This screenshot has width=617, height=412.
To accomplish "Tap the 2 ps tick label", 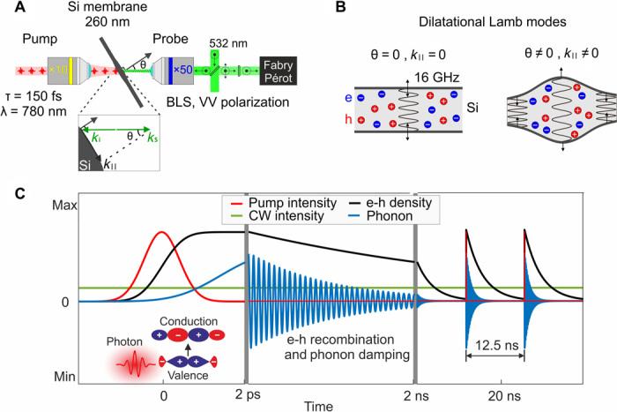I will tap(245, 391).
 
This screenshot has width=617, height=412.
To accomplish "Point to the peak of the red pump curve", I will tap(162, 232).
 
